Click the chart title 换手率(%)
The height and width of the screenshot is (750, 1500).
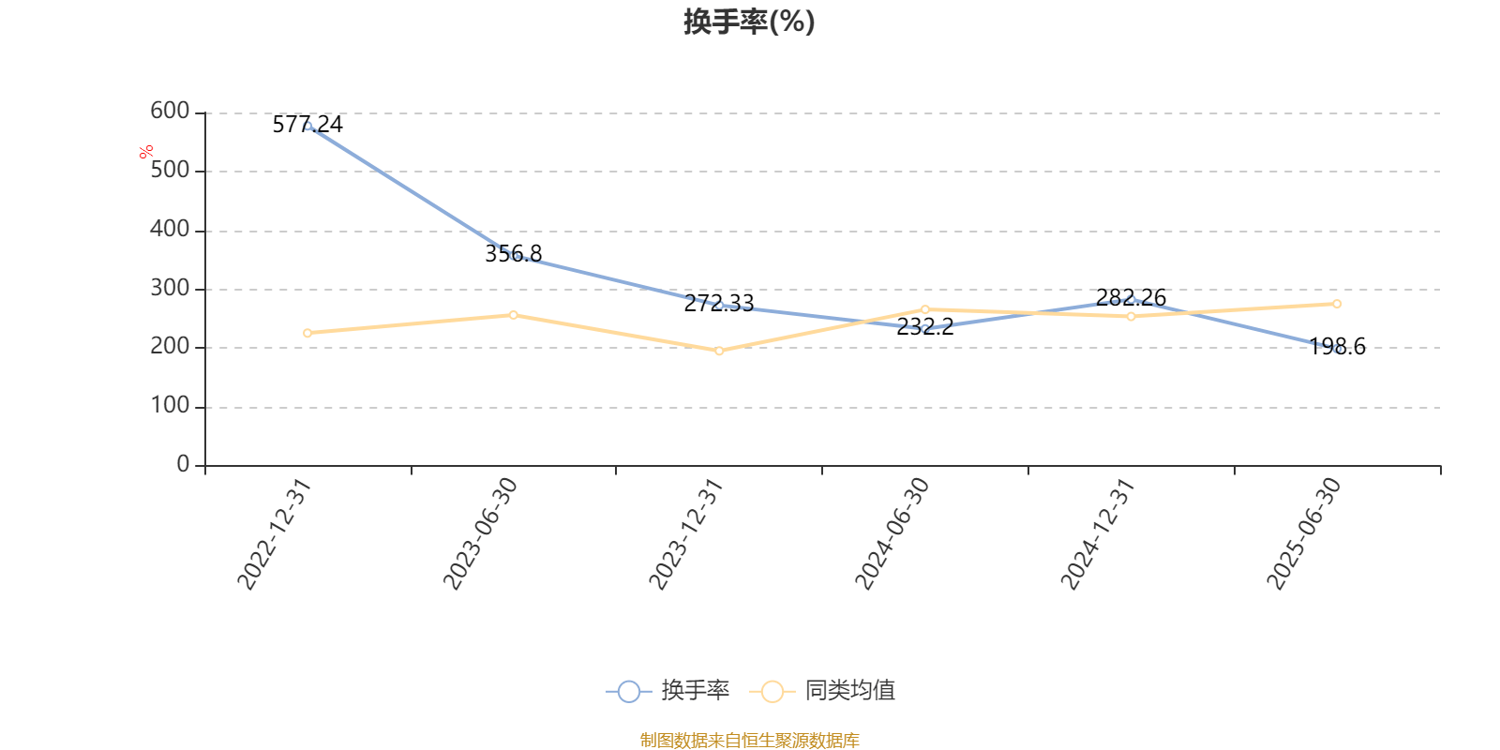(749, 22)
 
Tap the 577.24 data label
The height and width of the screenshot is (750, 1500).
(307, 124)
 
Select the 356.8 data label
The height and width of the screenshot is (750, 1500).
(513, 253)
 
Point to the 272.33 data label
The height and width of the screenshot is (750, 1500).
(719, 303)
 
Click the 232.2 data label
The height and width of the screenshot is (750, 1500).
(925, 326)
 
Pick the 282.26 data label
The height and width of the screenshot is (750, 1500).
(1131, 298)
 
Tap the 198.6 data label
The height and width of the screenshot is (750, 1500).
(1337, 347)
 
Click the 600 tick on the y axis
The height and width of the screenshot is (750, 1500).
(170, 112)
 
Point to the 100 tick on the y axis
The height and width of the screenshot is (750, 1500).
(170, 406)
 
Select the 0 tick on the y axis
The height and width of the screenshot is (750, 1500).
(183, 465)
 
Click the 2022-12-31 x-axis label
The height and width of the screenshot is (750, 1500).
(273, 533)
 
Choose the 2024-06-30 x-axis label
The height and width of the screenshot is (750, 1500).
(891, 533)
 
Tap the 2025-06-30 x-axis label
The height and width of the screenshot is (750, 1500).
(1303, 533)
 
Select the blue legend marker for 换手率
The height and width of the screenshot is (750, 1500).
(629, 691)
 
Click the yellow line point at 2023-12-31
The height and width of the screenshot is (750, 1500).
(719, 351)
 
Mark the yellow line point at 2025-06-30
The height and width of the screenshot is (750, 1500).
(1337, 304)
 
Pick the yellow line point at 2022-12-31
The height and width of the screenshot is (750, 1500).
(307, 333)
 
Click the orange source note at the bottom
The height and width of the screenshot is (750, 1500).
(749, 741)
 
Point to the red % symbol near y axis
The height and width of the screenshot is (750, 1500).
(146, 152)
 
